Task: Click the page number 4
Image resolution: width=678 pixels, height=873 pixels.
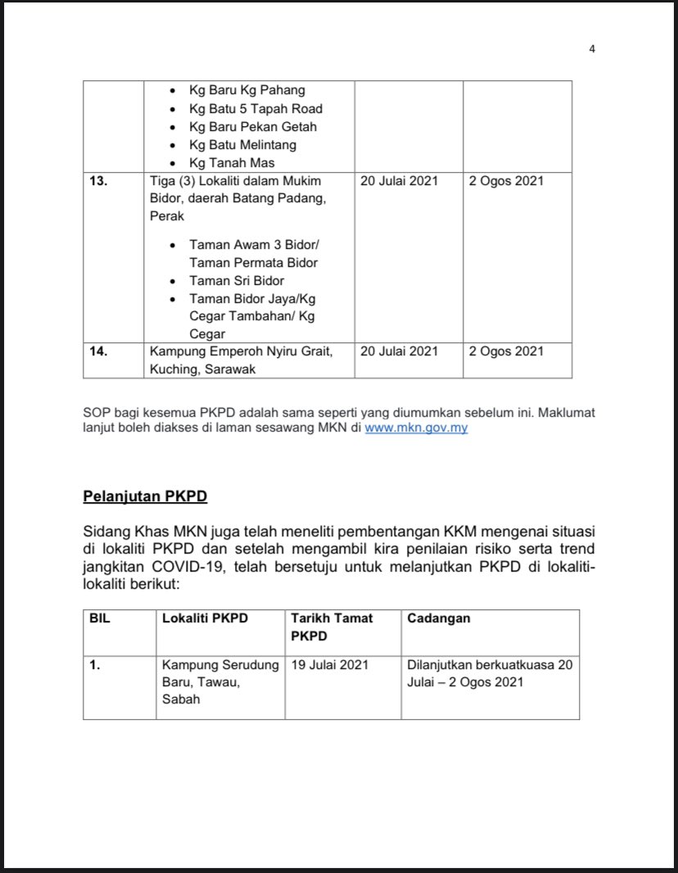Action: tap(592, 48)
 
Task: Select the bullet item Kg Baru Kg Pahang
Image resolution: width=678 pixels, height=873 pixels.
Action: tap(246, 91)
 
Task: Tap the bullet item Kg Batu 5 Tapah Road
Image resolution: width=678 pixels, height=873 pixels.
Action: tap(255, 109)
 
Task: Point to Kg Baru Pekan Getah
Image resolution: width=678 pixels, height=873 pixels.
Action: tap(252, 127)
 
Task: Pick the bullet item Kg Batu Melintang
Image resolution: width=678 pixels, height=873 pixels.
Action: tap(242, 145)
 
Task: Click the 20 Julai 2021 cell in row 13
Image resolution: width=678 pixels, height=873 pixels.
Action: tap(399, 181)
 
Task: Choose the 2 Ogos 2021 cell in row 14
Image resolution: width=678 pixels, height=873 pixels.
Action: tap(506, 351)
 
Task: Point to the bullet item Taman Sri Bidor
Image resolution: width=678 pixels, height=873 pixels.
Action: tap(236, 281)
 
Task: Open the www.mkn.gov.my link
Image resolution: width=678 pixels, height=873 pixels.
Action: tap(416, 428)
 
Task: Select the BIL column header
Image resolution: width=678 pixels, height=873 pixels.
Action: tap(100, 619)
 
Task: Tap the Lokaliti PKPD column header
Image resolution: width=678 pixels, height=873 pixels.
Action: tap(205, 619)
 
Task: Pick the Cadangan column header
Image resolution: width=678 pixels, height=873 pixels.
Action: tap(438, 619)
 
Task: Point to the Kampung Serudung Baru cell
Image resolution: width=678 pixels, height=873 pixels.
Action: tap(220, 681)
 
